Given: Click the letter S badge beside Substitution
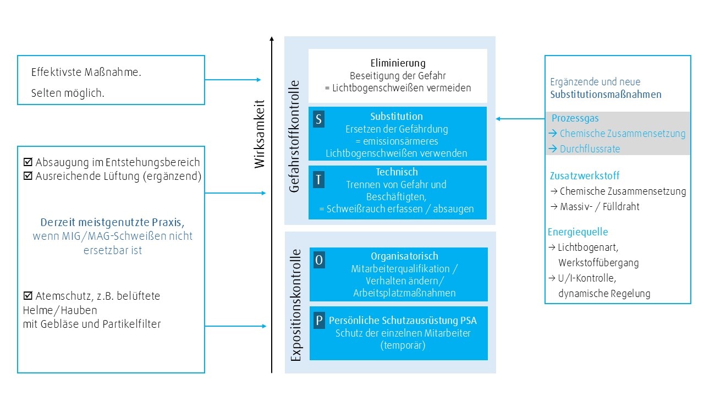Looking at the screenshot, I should (318, 119).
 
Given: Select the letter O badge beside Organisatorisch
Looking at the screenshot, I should (319, 260).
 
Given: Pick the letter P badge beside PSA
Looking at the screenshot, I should (319, 320).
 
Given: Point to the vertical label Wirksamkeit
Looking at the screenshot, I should (260, 134).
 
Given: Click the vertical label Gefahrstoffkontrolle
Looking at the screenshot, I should (295, 136).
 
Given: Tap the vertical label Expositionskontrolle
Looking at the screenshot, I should (296, 305).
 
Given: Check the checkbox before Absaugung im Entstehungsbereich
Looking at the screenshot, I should (28, 163).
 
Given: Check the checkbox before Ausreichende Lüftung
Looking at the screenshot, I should (28, 177).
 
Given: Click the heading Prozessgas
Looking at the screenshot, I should (575, 118).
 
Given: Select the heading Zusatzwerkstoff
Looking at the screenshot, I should (577, 176).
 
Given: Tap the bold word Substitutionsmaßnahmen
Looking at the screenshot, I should (606, 95).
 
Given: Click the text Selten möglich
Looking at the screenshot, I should (68, 94).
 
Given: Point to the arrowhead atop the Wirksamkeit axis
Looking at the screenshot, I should (272, 38).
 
